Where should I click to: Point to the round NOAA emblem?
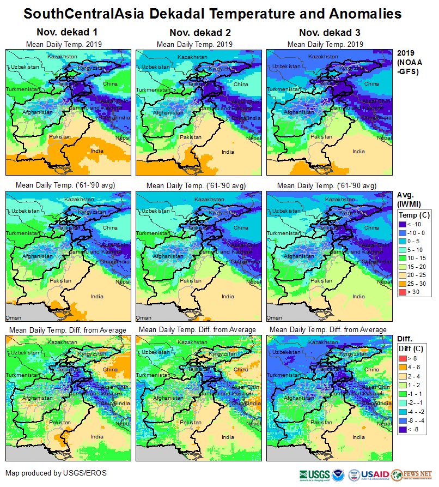(338, 474)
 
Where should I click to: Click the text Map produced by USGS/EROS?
(56, 473)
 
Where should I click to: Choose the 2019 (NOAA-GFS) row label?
(408, 62)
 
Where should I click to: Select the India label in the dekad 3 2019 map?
(358, 151)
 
